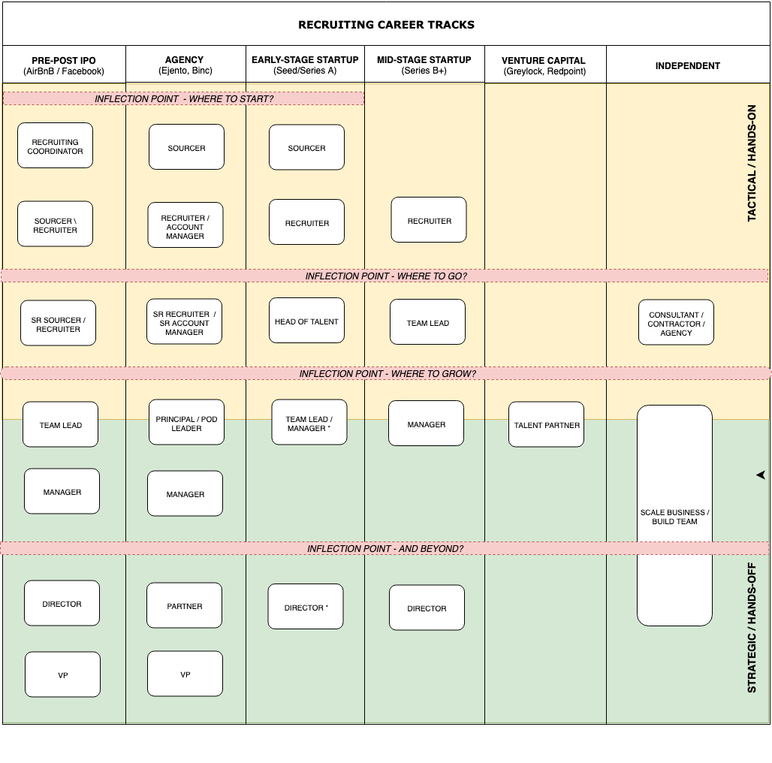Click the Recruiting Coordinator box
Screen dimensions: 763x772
55,146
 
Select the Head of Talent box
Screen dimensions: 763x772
306,321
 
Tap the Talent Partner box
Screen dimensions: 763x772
546,425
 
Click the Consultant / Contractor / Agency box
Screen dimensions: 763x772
676,323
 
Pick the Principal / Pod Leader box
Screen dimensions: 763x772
186,423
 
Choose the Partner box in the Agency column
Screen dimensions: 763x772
184,605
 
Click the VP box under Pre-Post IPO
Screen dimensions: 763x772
62,674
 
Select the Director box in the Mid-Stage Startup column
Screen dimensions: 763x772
427,608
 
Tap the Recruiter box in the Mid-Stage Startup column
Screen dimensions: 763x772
429,220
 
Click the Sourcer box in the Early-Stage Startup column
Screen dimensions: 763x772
306,148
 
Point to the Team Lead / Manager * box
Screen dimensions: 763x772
309,423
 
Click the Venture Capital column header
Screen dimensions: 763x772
544,65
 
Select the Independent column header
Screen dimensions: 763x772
687,65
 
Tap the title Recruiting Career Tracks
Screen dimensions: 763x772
386,24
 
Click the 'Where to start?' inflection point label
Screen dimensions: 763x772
183,98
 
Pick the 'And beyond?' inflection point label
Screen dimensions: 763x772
384,549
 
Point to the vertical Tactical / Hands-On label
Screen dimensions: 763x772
752,163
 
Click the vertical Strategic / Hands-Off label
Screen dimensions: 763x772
752,627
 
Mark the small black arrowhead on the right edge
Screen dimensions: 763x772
760,475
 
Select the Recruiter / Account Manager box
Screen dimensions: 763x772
185,226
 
